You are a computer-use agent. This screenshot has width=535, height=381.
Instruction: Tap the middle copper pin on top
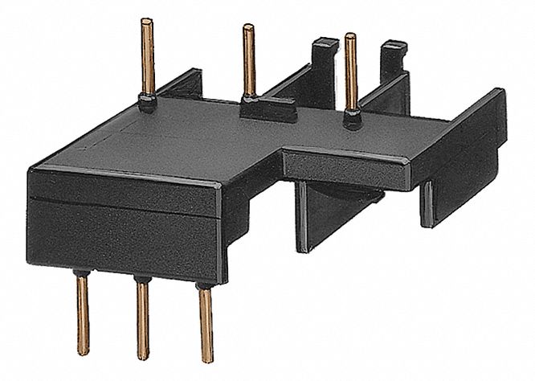[x=249, y=60]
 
